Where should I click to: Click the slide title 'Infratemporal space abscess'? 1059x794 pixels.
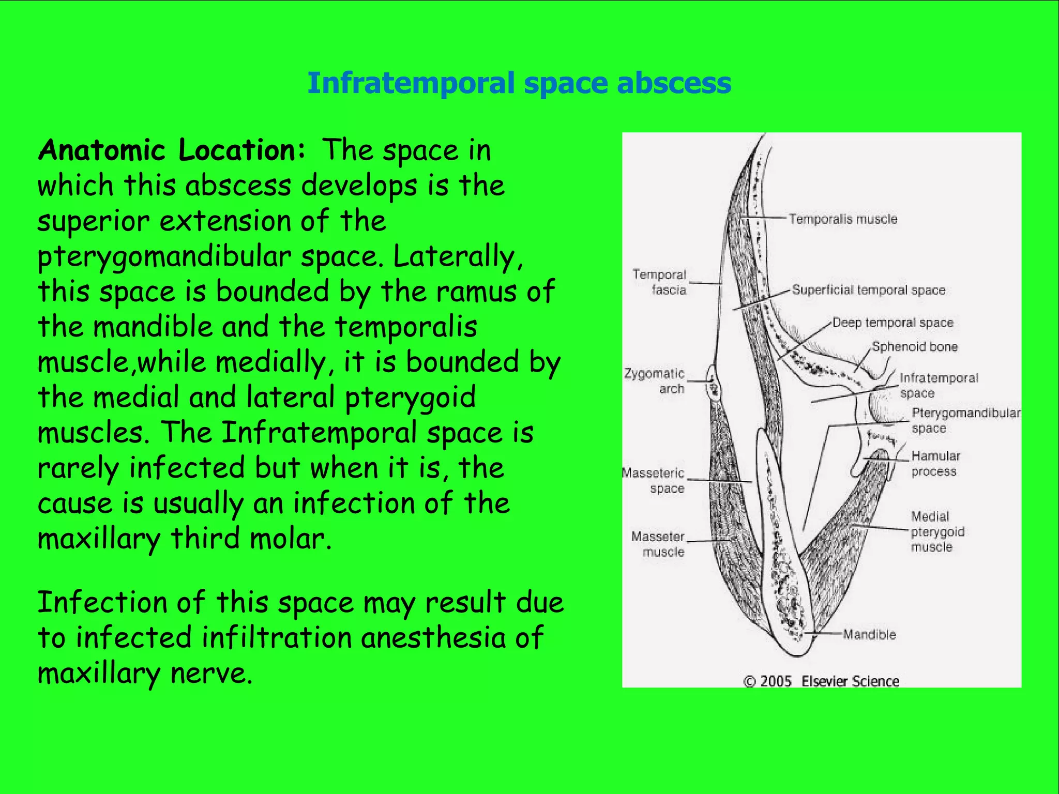(519, 83)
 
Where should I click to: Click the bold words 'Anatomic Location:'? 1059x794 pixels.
(172, 150)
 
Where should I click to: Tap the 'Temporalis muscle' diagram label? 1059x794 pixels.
(843, 219)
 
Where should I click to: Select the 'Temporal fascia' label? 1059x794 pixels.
(660, 282)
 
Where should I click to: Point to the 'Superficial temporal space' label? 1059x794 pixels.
(869, 290)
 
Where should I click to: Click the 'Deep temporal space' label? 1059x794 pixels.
(893, 323)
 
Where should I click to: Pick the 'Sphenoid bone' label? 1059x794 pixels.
(915, 347)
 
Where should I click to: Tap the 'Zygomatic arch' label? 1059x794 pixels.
(655, 381)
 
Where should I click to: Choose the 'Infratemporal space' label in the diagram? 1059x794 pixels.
(939, 386)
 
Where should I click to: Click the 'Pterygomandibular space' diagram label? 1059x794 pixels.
(965, 420)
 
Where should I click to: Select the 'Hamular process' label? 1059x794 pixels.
(935, 464)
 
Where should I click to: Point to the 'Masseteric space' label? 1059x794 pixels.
(654, 481)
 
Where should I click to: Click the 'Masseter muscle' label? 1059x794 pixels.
(658, 544)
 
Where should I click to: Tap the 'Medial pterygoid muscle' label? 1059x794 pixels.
(937, 531)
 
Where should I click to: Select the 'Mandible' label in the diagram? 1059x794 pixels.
(869, 634)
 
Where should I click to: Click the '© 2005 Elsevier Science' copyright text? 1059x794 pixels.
(821, 681)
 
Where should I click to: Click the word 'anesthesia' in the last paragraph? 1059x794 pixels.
(433, 638)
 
